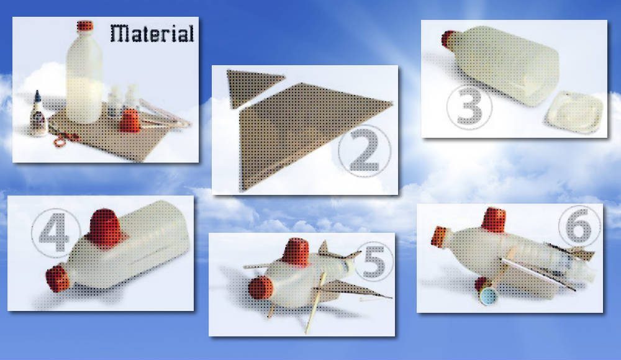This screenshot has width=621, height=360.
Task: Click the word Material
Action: [x=152, y=34]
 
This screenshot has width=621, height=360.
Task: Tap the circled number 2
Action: [x=365, y=151]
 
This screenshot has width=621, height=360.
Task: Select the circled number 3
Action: [x=469, y=107]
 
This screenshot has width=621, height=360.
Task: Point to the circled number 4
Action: [x=55, y=233]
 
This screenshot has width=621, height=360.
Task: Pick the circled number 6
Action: [x=579, y=226]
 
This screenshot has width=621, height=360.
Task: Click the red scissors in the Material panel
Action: [x=65, y=140]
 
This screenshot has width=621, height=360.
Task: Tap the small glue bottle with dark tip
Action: [x=38, y=115]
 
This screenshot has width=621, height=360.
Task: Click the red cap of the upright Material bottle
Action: [x=84, y=26]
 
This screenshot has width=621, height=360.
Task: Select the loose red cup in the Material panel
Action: [x=130, y=120]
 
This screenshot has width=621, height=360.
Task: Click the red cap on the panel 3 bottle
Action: [x=449, y=39]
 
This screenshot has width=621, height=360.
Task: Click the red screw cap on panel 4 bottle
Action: [x=58, y=279]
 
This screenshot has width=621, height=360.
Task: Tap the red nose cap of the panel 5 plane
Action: [x=260, y=288]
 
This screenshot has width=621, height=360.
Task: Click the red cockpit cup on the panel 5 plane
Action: [x=295, y=252]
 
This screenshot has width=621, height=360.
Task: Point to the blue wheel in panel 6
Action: [x=488, y=296]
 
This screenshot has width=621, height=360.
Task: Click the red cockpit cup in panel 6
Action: [x=494, y=219]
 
